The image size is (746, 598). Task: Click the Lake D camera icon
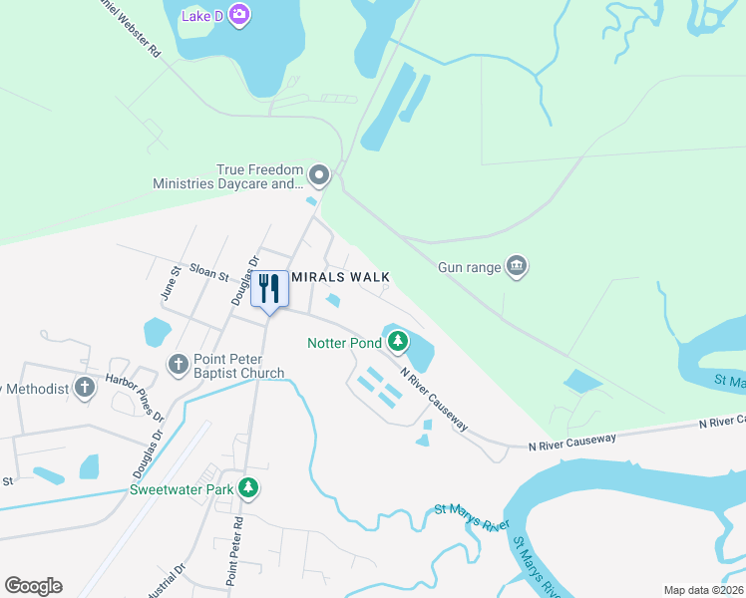239,14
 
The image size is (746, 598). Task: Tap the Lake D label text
202,15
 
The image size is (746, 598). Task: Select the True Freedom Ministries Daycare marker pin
319,176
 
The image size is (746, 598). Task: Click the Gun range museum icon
517,266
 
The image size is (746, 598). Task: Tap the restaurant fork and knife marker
269,289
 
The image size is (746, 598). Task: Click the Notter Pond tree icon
398,343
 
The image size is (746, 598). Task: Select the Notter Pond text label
344,344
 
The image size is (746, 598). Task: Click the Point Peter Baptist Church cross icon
179,364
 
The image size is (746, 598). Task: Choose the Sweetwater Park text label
181,489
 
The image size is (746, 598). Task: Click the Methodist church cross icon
85,387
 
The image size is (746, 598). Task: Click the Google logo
34,586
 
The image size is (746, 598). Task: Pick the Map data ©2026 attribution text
702,590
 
